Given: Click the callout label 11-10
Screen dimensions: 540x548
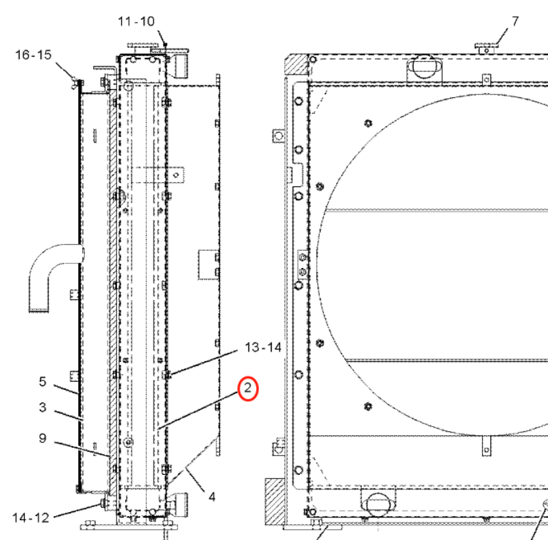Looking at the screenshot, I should pos(136,21).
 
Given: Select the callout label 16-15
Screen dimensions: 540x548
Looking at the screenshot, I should pos(33,54).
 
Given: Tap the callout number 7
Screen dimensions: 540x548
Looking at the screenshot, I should pos(515,21).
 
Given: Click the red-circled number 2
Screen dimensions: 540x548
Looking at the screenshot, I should pos(248,389).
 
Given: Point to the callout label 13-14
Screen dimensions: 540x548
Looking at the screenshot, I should pos(263,347).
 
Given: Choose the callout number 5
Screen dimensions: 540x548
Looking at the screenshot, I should pos(42,382).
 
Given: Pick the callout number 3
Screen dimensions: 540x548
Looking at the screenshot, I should pos(42,408).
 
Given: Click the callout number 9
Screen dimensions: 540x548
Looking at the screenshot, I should pos(42,438).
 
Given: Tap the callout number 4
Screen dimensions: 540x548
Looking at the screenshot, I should pos(212,496).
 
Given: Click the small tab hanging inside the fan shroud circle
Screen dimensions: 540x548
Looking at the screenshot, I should pos(487,443).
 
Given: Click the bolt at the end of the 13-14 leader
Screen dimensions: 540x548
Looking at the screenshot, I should pos(168,374).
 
